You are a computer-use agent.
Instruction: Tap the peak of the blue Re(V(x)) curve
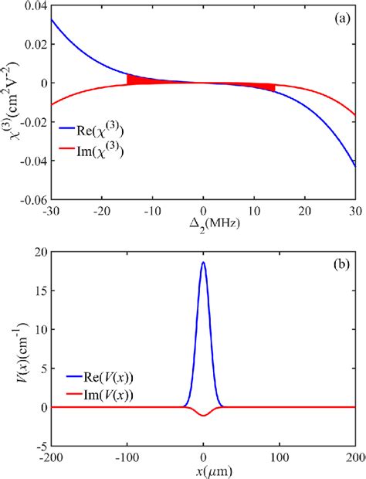click(x=203, y=263)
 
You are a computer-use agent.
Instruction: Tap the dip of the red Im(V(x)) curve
click(x=203, y=416)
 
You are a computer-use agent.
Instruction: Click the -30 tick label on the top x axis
click(x=51, y=211)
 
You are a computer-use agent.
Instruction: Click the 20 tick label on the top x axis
click(x=305, y=211)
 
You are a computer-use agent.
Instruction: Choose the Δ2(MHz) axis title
click(x=203, y=226)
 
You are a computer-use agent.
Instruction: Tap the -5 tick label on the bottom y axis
click(x=39, y=446)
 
